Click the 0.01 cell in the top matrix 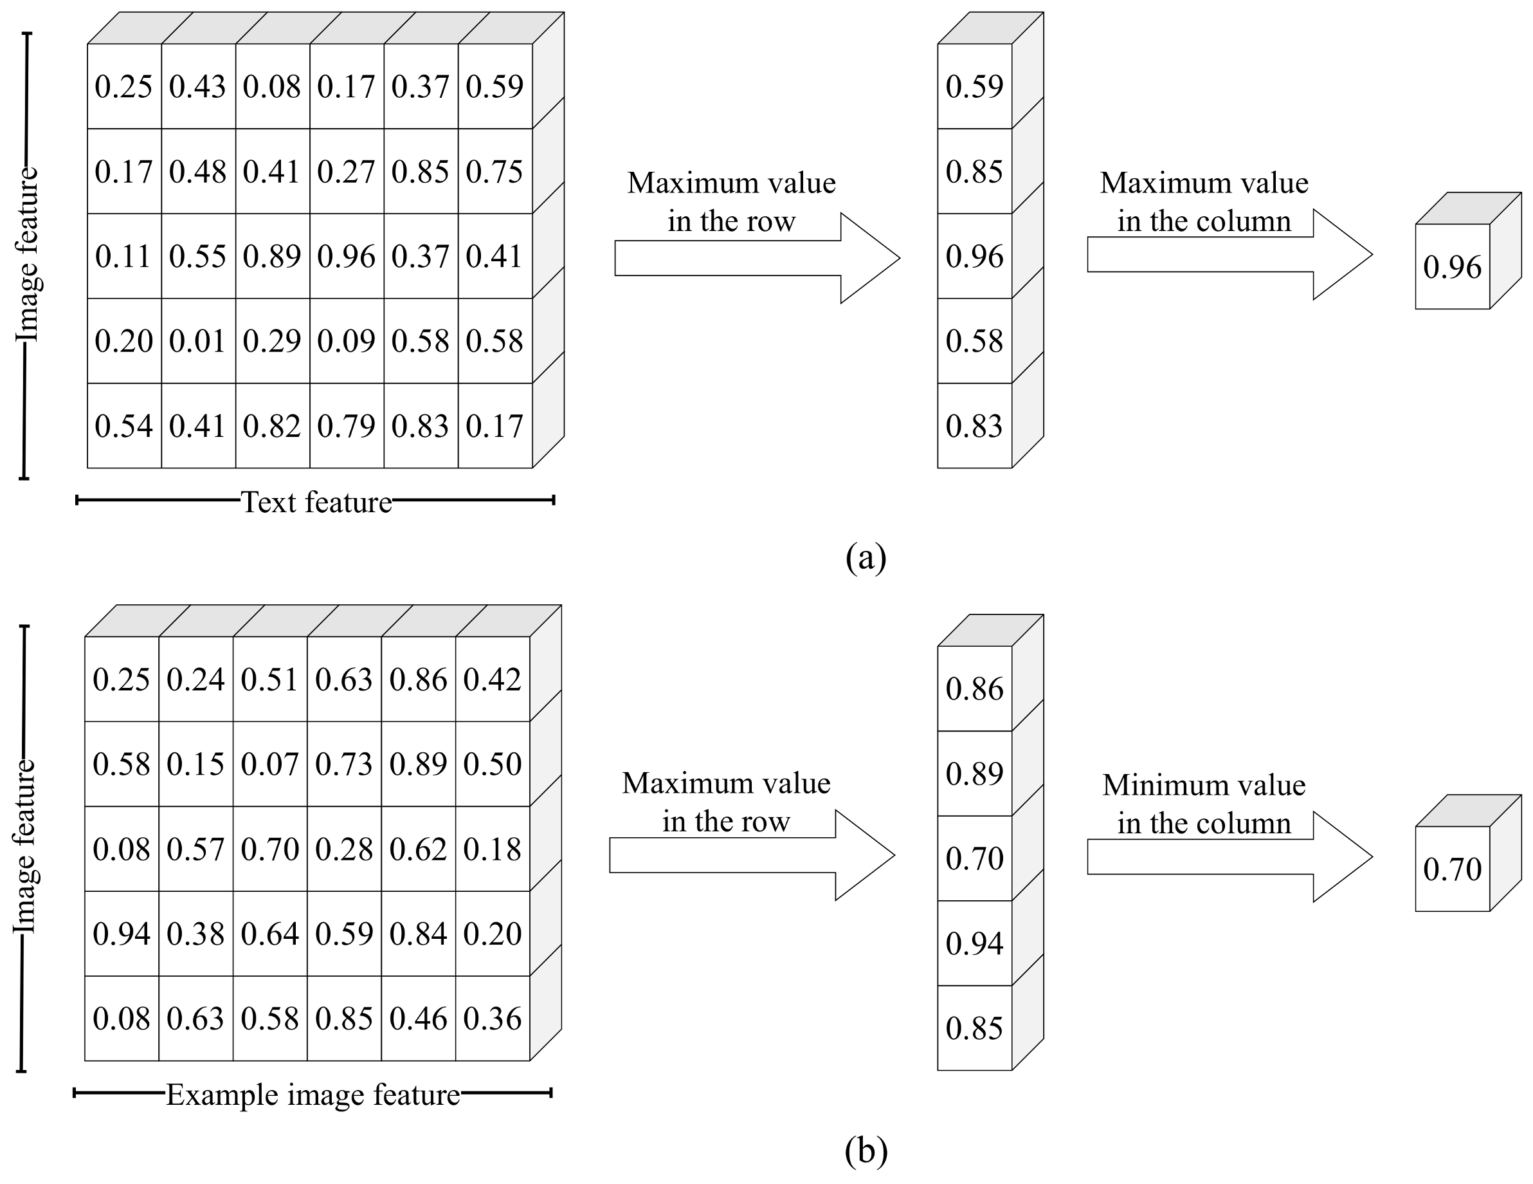197,341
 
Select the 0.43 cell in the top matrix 197,86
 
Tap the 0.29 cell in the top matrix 271,341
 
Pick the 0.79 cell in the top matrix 346,426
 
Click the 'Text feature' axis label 316,502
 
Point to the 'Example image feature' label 313,1095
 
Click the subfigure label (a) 866,558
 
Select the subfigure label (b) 866,1151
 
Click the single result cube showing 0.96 1451,267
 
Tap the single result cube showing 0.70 1451,869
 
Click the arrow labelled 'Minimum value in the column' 1228,856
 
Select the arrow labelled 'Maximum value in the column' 1228,254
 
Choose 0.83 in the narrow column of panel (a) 974,426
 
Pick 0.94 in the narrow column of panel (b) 974,943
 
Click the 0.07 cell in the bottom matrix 269,764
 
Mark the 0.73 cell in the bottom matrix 344,764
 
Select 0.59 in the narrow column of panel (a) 974,86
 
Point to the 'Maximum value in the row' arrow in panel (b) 751,855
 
